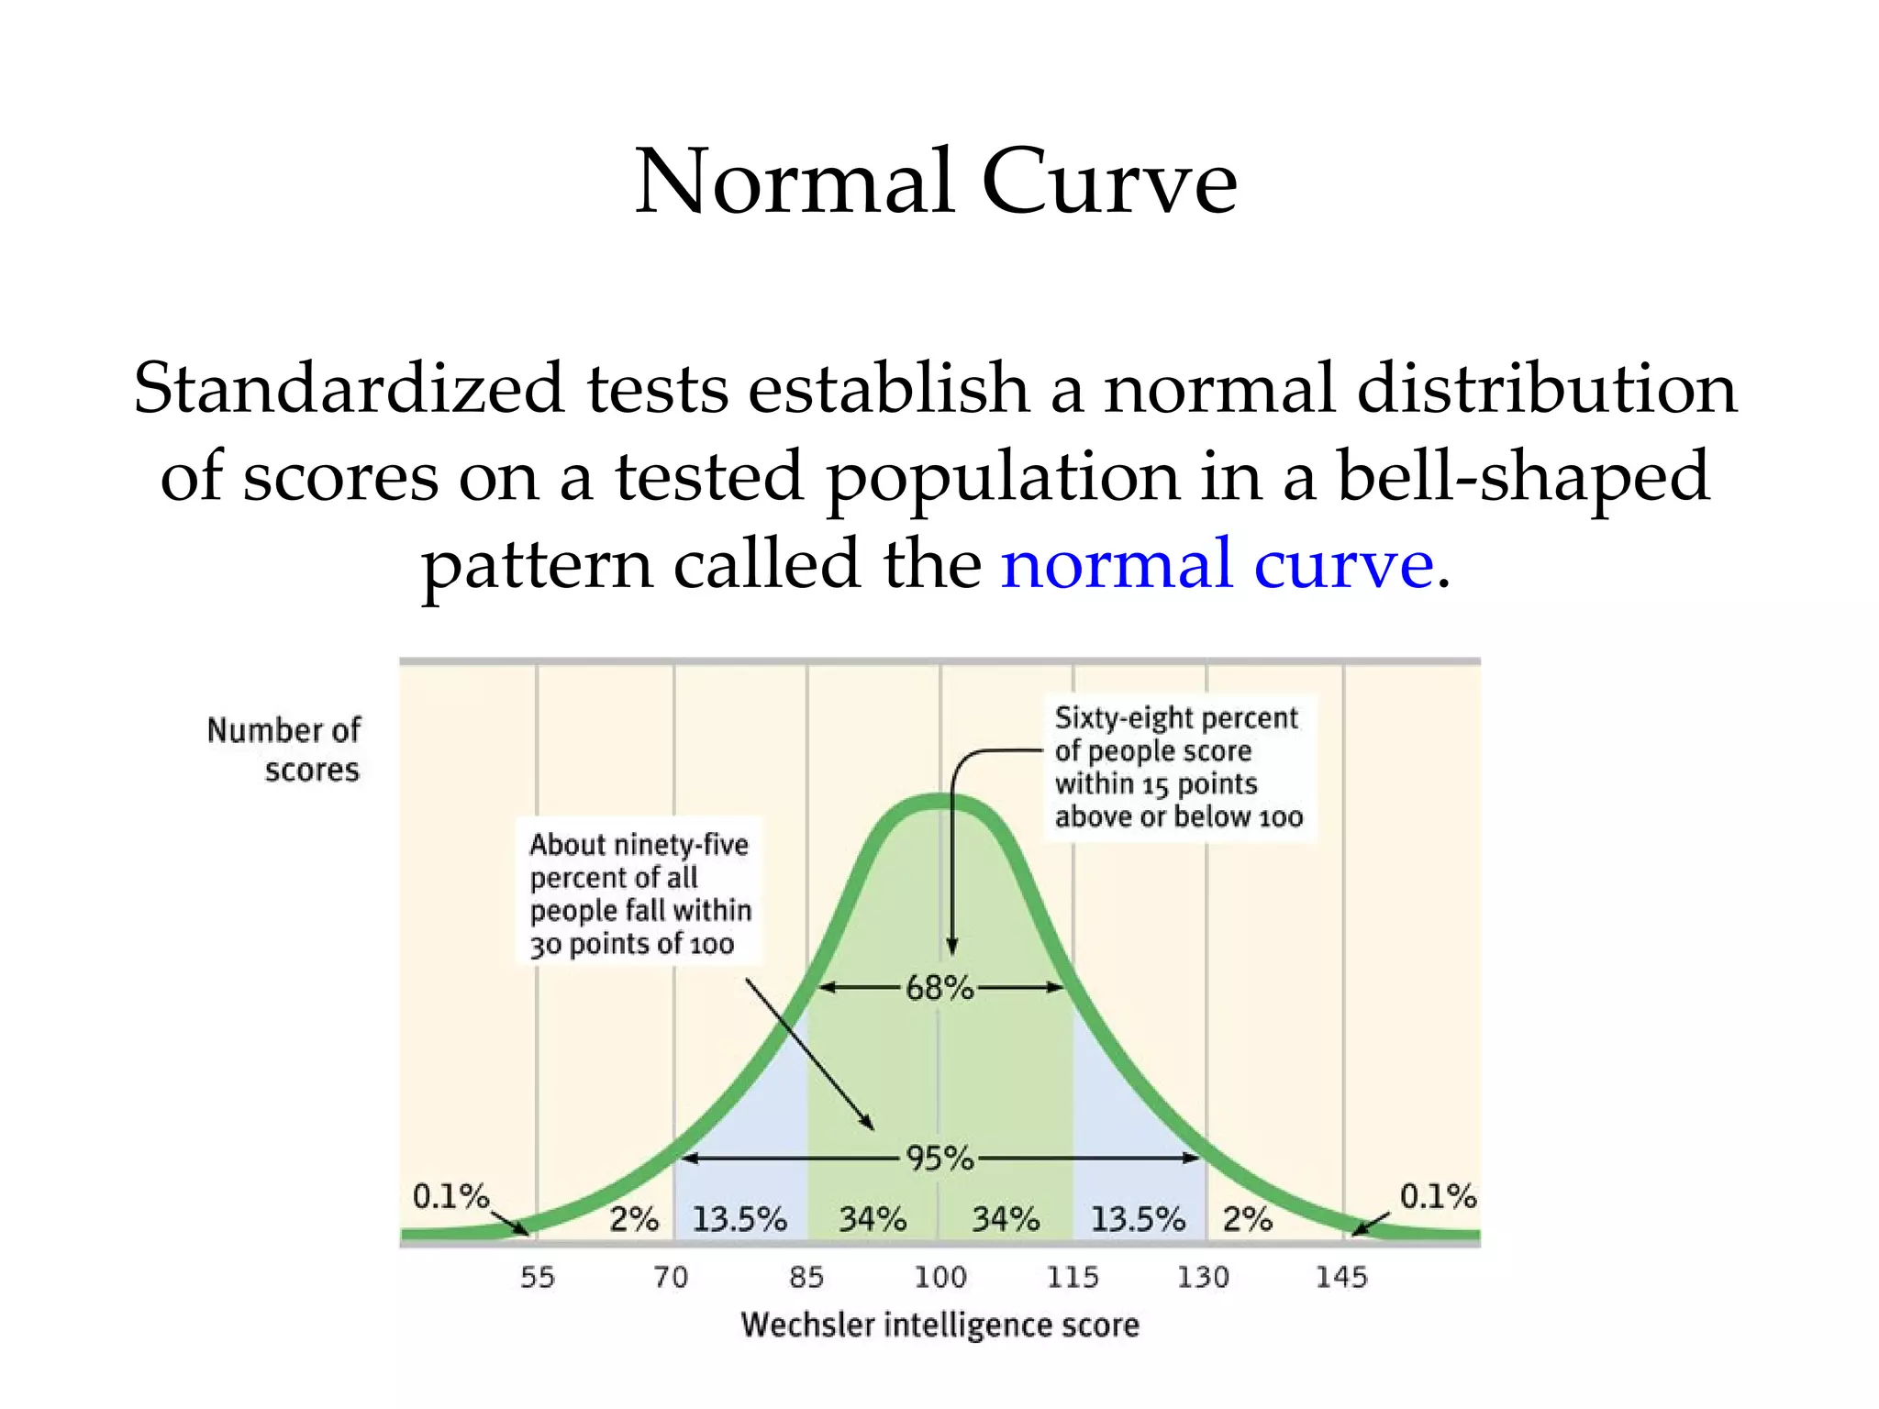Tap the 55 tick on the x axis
(538, 1277)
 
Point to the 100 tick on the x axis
(940, 1277)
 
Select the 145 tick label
(1341, 1277)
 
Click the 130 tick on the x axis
(1203, 1277)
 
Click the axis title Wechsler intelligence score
(939, 1325)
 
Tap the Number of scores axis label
(284, 749)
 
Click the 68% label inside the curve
(939, 988)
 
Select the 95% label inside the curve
(939, 1159)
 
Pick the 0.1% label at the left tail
(450, 1196)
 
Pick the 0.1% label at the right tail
(1438, 1196)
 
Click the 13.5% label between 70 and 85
(739, 1219)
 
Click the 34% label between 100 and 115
(1006, 1219)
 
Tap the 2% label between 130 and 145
(1248, 1219)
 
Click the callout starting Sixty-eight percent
(1178, 767)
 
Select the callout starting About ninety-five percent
(639, 893)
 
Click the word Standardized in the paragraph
(348, 388)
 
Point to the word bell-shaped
(1523, 475)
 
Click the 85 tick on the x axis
(806, 1277)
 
